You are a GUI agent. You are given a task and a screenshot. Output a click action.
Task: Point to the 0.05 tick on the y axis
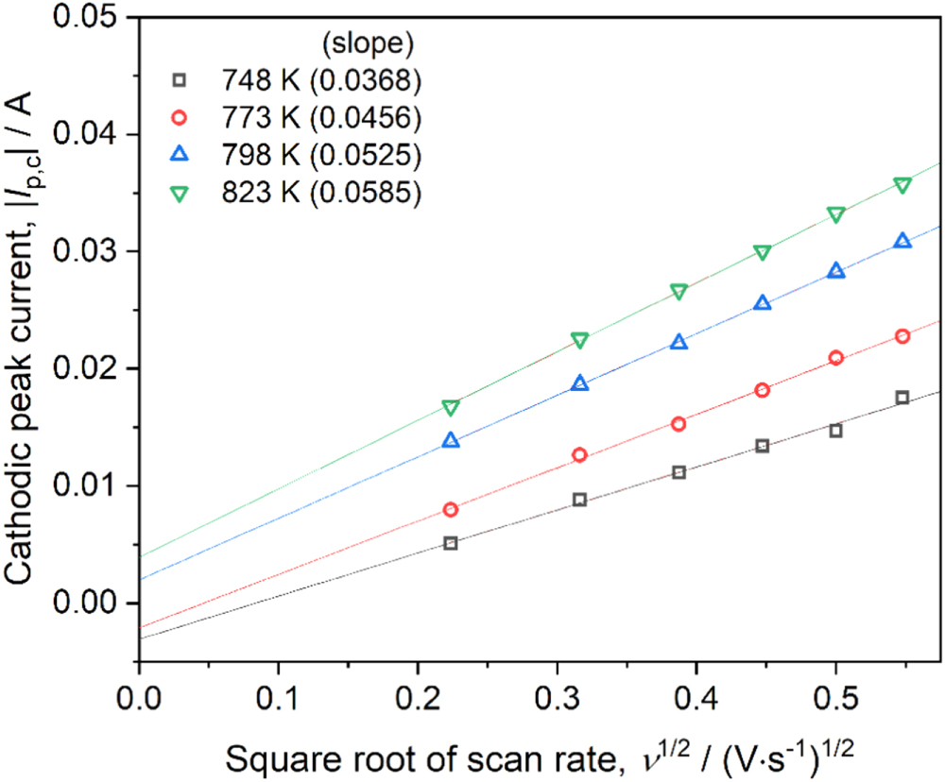coord(94,18)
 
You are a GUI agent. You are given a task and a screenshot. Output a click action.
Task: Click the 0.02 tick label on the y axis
coord(94,368)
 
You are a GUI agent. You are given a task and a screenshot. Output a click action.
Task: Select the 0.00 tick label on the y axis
coord(94,603)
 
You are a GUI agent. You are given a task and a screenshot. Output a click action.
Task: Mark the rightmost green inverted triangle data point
coord(902,185)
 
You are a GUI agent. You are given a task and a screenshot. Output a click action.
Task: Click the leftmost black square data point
coord(451,543)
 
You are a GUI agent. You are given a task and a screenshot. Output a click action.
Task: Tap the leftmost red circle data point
coord(451,510)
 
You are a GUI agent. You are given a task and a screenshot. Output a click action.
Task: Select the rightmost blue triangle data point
coord(902,242)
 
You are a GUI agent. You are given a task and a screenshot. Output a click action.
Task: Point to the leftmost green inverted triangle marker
coord(451,408)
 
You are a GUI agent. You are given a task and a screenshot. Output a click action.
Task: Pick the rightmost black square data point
coord(902,398)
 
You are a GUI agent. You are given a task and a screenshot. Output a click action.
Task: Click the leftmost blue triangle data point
coord(451,441)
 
